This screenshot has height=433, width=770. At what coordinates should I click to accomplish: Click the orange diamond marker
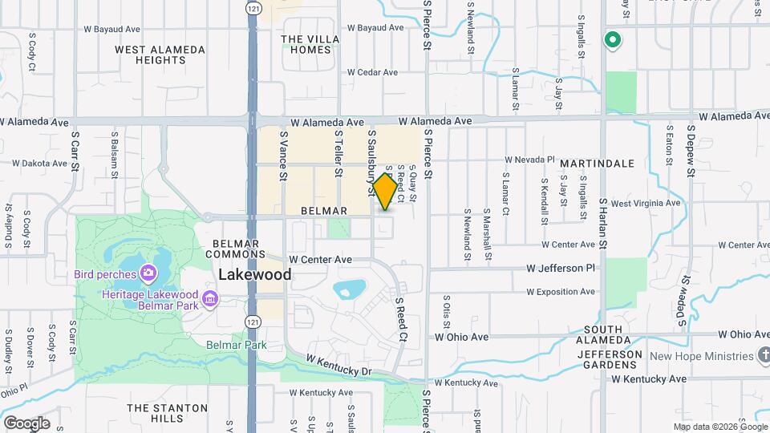(x=386, y=192)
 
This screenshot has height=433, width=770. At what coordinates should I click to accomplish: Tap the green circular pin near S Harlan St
(x=613, y=40)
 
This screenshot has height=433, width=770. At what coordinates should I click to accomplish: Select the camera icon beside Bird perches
(x=148, y=275)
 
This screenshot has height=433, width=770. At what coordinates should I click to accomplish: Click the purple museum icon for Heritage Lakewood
(x=210, y=300)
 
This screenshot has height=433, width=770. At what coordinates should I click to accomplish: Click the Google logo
(x=26, y=423)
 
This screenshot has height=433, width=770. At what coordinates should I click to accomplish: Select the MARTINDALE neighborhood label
(x=597, y=164)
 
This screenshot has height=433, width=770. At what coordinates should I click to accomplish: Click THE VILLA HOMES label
(x=310, y=44)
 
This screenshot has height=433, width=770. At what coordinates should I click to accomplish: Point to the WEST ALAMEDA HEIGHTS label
(x=160, y=55)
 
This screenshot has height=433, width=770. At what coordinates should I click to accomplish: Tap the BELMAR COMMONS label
(x=235, y=249)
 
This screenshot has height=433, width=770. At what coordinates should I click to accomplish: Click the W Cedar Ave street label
(x=372, y=72)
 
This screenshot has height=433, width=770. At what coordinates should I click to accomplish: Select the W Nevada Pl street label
(x=530, y=160)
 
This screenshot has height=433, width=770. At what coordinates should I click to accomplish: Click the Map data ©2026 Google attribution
(x=719, y=427)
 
